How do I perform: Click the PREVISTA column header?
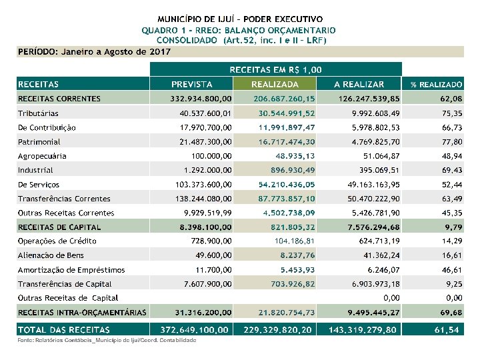tap(192, 85)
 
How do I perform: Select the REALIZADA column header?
tap(274, 85)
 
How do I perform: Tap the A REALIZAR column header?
tap(359, 85)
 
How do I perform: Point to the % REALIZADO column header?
tap(436, 85)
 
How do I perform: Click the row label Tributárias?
tap(38, 113)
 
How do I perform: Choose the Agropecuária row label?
tap(42, 156)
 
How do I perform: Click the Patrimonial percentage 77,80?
tap(452, 142)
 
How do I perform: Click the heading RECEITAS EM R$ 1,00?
tap(276, 69)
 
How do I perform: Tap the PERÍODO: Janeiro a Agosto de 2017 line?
tap(94, 51)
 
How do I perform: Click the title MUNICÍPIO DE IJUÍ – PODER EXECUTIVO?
tap(240, 19)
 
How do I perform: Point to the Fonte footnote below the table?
tap(107, 341)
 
